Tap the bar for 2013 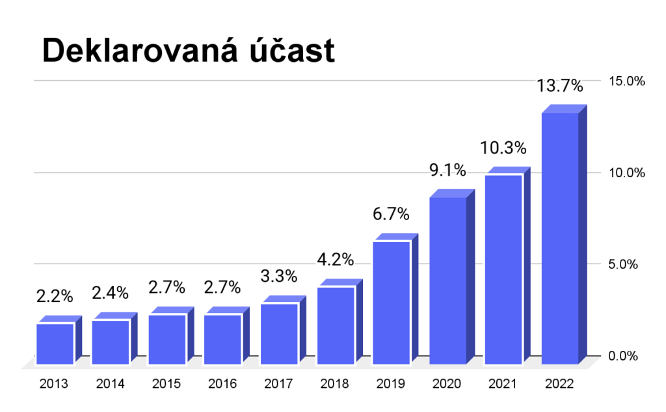(55, 343)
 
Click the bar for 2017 (279, 333)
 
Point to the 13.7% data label (559, 85)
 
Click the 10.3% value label (503, 148)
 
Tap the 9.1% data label (447, 171)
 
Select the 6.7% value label (391, 213)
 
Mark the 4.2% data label (335, 259)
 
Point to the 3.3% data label (279, 275)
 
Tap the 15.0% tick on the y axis (626, 81)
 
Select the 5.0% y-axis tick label (626, 264)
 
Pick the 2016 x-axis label (222, 384)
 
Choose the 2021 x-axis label (503, 384)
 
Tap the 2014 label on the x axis (110, 384)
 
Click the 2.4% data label (110, 293)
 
